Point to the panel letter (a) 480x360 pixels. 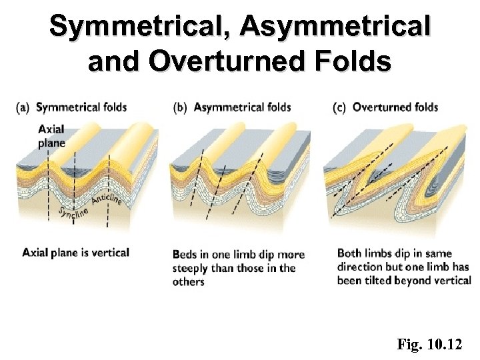24,107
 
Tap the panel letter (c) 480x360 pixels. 339,107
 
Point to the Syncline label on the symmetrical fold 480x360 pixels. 73,215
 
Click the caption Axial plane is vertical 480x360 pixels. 76,253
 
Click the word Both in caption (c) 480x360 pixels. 349,253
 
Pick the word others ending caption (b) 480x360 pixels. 189,282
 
